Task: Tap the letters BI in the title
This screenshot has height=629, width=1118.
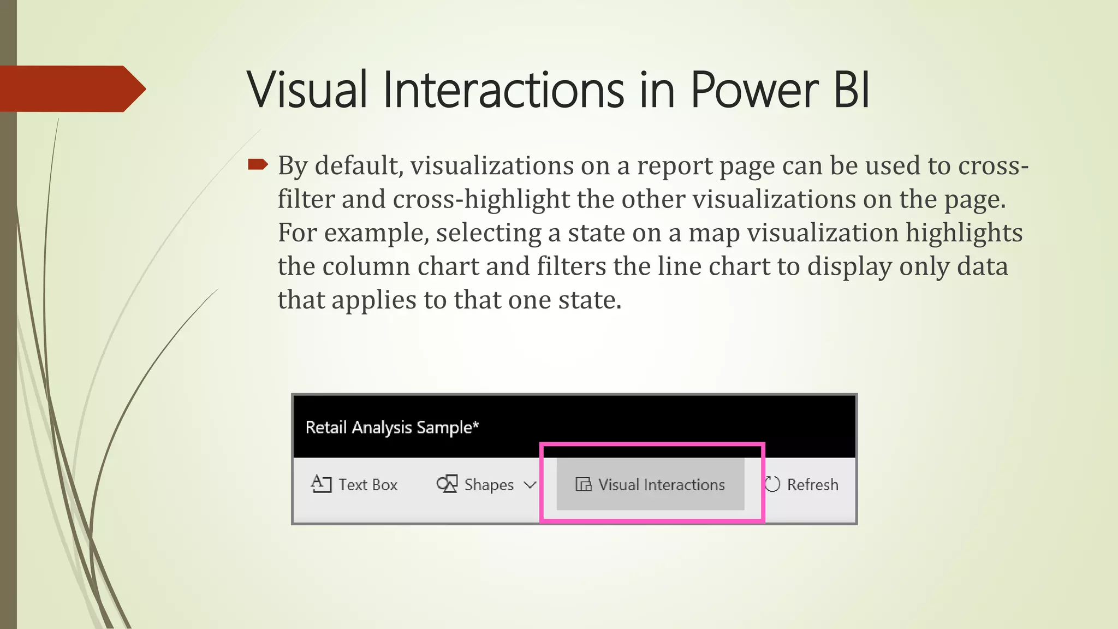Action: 851,90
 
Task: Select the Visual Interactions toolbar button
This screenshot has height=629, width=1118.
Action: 650,484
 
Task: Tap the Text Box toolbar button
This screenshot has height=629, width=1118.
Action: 354,484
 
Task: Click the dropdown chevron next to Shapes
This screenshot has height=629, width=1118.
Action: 530,484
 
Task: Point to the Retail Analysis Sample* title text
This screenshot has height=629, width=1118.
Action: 392,427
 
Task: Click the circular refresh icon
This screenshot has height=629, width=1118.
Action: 772,484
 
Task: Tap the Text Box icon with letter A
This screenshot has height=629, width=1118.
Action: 321,484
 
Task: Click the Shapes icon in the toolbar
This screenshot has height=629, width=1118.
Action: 447,484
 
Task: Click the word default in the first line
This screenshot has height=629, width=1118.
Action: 359,165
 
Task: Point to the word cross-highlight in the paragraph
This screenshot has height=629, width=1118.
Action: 481,199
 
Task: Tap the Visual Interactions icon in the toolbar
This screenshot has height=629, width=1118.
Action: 584,484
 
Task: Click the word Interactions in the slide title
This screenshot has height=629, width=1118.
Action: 503,90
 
